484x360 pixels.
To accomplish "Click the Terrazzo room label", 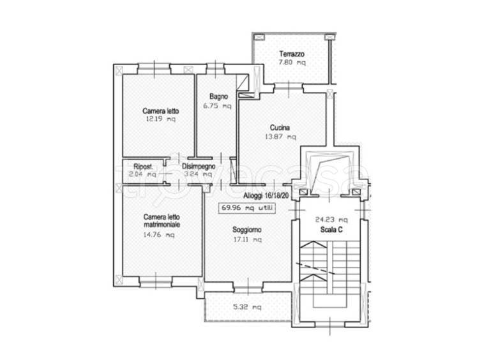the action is (x=292, y=54).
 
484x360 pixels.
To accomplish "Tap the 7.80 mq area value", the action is (x=292, y=63).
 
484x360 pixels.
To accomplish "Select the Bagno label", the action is (x=218, y=96).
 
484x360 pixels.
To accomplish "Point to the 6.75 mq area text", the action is (x=217, y=106).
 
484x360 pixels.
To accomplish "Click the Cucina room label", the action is (x=280, y=128).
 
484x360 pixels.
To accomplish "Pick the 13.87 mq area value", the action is (x=280, y=137).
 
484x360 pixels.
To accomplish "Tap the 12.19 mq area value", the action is (x=160, y=119).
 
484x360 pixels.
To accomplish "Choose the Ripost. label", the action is (x=143, y=167).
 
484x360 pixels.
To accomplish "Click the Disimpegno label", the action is (x=199, y=166).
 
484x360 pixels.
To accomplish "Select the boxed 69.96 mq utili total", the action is (x=247, y=208).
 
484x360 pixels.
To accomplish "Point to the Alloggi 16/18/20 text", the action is (x=266, y=195).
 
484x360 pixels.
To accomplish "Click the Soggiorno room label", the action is (x=247, y=230).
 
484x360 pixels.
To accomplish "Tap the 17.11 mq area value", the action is (x=248, y=239).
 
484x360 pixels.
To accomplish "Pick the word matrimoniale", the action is (x=162, y=225).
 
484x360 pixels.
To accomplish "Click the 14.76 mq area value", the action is (x=158, y=235).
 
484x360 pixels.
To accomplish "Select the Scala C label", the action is (x=331, y=230).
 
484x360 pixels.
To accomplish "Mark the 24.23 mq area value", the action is (x=331, y=220).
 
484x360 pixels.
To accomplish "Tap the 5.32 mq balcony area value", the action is (x=247, y=307).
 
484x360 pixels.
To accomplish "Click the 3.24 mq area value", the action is (x=198, y=174).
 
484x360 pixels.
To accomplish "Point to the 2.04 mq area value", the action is (x=142, y=174).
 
